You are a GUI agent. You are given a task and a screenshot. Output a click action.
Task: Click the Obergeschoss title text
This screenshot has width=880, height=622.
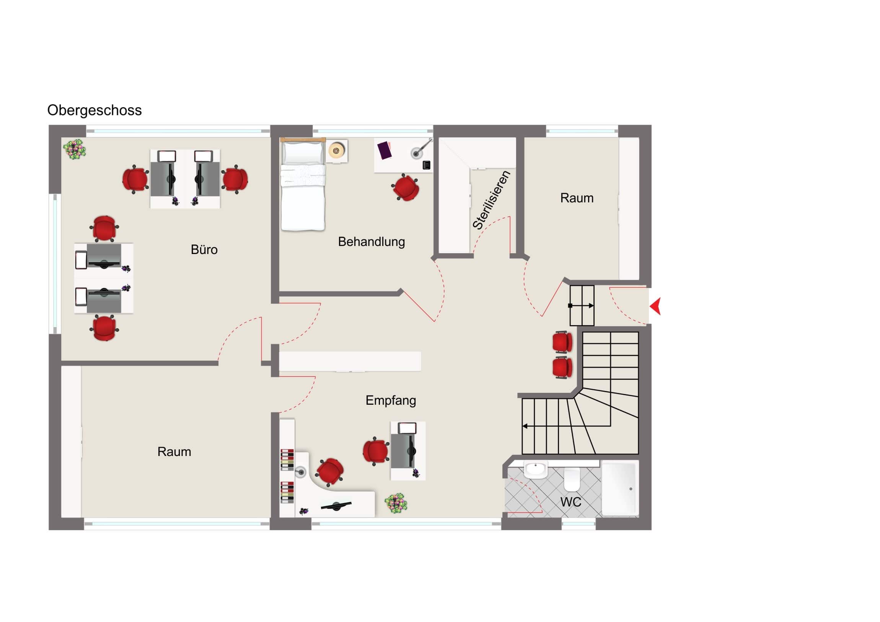[x=94, y=111]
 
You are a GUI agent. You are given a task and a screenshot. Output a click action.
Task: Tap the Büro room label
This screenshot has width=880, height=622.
[x=204, y=249]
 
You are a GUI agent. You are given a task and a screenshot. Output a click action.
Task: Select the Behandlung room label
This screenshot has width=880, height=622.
[x=371, y=242]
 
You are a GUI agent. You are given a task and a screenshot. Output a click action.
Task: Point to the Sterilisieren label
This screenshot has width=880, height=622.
[x=491, y=200]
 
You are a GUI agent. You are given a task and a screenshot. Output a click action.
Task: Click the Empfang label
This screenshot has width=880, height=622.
[x=391, y=401]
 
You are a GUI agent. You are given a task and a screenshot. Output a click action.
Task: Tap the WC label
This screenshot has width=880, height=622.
[x=571, y=502]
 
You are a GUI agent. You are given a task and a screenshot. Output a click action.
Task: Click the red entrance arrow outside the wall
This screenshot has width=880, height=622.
[x=655, y=306]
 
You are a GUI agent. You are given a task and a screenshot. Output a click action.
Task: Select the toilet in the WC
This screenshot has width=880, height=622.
[x=572, y=479]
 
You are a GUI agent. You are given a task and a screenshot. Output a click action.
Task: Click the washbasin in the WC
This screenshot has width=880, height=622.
[x=535, y=470]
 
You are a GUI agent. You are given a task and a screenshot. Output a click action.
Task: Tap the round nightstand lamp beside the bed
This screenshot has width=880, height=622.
[x=336, y=151]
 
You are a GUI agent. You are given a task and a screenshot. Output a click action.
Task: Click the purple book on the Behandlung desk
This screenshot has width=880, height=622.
[x=385, y=150]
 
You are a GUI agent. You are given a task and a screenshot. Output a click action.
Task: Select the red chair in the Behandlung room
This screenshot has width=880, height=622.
[x=406, y=187]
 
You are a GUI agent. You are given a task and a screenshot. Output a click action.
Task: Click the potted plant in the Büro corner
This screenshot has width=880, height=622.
[x=75, y=149]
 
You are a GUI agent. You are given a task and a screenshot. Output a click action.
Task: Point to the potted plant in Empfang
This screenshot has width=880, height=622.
[x=396, y=503]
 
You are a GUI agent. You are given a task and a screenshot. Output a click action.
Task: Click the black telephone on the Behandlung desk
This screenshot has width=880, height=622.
[x=426, y=165]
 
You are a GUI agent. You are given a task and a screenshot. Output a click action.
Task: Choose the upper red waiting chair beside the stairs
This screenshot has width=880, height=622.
[x=562, y=342]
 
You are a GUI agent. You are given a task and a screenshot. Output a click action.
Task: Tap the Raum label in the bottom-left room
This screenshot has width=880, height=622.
[x=174, y=452]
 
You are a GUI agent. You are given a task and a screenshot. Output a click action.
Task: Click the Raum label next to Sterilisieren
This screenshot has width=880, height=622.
[x=577, y=198]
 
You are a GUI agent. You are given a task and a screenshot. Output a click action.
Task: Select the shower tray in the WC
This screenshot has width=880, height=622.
[x=620, y=488]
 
